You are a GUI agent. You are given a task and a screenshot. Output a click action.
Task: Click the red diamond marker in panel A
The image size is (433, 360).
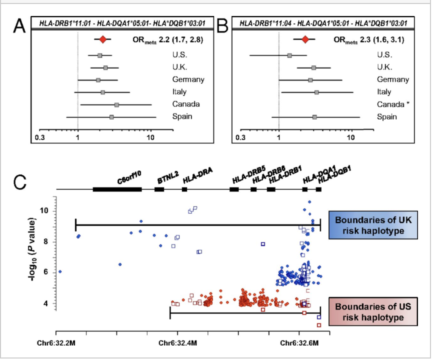pyautogui.click(x=102, y=39)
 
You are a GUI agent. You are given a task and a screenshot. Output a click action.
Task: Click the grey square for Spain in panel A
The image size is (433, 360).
pyautogui.click(x=111, y=117)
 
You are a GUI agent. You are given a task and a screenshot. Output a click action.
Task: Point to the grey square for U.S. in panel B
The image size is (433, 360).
pyautogui.click(x=289, y=55)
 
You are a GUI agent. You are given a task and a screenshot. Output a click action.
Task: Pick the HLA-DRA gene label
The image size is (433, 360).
pyautogui.click(x=198, y=177)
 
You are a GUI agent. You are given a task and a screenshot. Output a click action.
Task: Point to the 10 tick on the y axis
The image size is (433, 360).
pyautogui.click(x=45, y=211)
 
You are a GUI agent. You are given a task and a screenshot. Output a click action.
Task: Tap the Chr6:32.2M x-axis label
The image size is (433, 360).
pyautogui.click(x=54, y=343)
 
